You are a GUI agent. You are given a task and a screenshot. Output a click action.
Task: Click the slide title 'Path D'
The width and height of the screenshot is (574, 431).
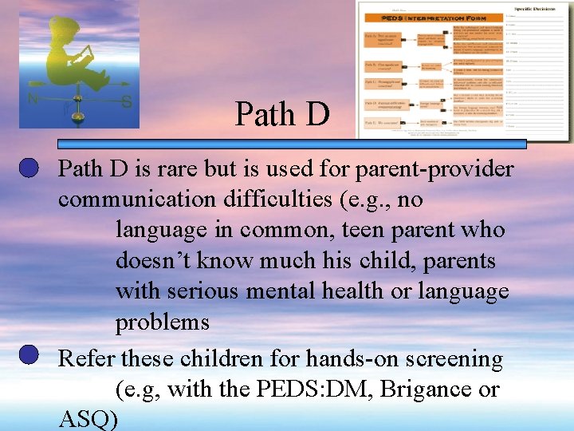tap(281, 115)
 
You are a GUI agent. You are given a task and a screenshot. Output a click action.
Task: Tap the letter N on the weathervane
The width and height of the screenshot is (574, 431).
tap(33, 100)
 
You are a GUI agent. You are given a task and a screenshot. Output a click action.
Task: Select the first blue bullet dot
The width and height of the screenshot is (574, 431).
tap(29, 168)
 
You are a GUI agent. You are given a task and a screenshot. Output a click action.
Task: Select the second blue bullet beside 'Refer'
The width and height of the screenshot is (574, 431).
tap(29, 355)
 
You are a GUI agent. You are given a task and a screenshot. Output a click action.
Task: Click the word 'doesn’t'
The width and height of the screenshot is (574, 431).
tap(152, 261)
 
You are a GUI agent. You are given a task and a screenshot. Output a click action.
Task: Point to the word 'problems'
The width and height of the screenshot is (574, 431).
tap(162, 323)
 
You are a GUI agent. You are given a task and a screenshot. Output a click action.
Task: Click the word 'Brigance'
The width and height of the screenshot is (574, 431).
tap(427, 389)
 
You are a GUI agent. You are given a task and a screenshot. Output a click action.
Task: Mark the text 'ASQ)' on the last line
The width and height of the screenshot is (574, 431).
tap(88, 420)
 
